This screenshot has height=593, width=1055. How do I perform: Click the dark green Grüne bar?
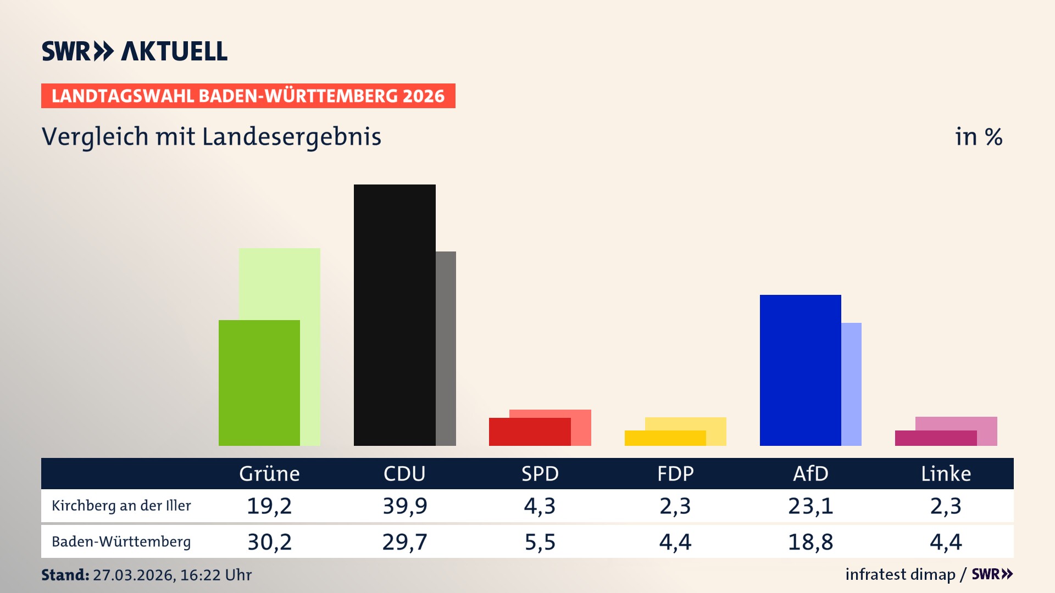coord(259,383)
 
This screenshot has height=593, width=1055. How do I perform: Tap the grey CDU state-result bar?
coord(446,348)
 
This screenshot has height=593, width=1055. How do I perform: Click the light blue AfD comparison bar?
coord(851,384)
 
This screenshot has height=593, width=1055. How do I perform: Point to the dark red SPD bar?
coord(530,432)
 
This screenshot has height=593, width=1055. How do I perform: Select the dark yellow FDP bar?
coord(665,438)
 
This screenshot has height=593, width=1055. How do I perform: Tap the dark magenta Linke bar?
coord(935,438)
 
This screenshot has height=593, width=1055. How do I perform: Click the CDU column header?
coord(404,473)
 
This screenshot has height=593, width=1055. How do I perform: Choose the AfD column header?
coord(810,473)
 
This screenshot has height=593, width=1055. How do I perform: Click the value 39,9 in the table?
coord(405,506)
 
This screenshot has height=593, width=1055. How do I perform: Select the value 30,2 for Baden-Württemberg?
coord(269,542)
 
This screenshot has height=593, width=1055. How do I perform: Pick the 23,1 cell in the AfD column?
coord(810,506)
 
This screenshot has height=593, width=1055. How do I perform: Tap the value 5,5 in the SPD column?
coord(540,542)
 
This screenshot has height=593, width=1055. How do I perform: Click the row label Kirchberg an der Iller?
coord(121,506)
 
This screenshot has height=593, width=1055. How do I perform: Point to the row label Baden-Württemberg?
coord(121,542)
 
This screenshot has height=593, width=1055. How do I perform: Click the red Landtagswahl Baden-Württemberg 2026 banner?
coord(248,96)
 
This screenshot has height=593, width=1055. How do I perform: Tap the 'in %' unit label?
coord(978,137)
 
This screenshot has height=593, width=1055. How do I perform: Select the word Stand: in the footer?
coord(65,575)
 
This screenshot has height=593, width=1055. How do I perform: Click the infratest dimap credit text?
coord(900,574)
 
